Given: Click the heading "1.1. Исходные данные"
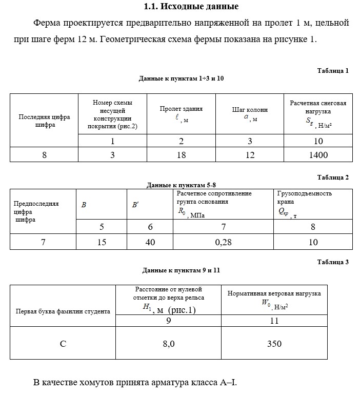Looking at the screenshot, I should [x=191, y=7].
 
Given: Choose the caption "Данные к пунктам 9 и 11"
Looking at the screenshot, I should [x=182, y=270].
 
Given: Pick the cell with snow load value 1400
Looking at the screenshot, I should [x=318, y=154].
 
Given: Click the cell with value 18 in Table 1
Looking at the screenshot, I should [x=181, y=154].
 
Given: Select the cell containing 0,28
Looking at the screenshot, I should [x=223, y=242].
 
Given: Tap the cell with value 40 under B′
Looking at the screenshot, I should [x=150, y=242].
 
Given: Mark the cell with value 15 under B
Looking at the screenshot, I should [x=102, y=242].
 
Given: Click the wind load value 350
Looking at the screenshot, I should [x=274, y=344].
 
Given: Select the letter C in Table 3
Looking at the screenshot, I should [x=63, y=344].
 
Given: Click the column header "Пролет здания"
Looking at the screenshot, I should [x=181, y=109].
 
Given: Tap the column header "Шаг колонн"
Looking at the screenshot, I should [x=250, y=110].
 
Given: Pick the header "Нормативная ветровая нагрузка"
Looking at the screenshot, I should [x=274, y=293].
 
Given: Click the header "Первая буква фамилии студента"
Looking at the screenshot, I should [x=63, y=311].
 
